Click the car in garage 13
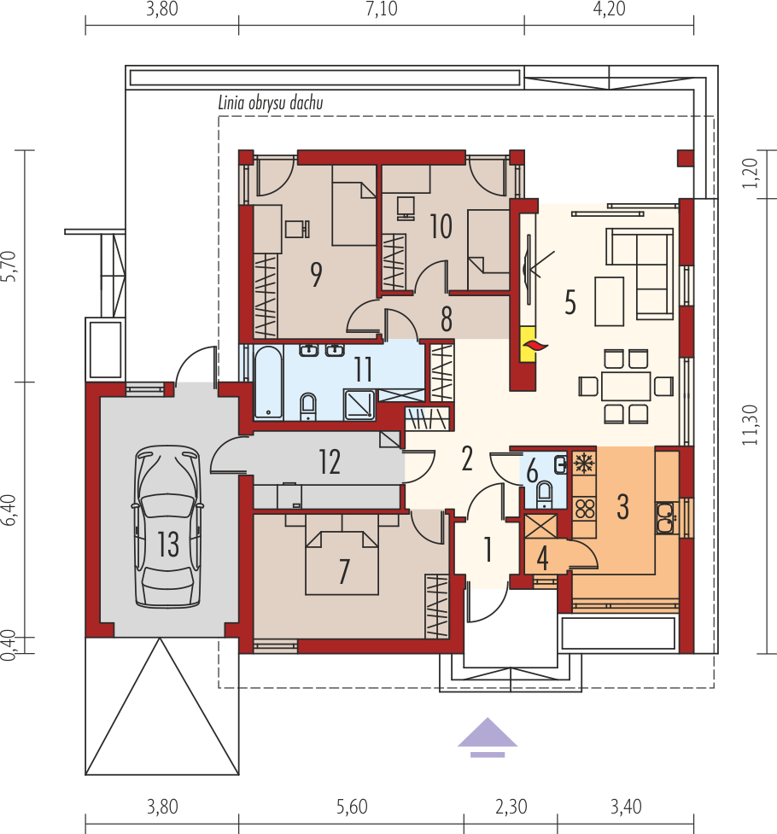coord(167,527)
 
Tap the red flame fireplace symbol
coord(535,347)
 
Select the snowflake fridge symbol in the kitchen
coord(584,464)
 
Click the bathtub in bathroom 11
coord(268,382)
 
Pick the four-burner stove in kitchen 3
coord(585,509)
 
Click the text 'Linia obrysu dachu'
coord(271,102)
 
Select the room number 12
coord(330,462)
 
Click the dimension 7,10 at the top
coord(381,9)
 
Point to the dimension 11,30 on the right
coord(751,424)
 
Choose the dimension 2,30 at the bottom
coord(511,807)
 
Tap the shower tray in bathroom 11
coord(359,405)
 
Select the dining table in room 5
coord(626,386)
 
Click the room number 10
coord(441,226)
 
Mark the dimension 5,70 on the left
coord(9,266)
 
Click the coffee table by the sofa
coord(610,301)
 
